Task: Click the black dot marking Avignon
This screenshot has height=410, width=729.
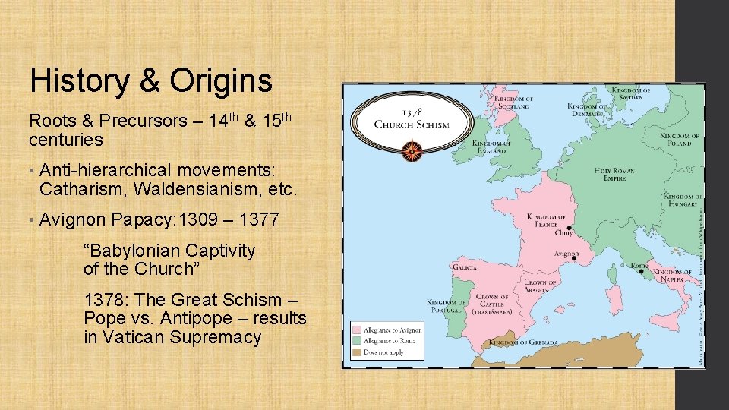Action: (574, 259)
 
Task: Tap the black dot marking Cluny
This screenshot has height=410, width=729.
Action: (569, 227)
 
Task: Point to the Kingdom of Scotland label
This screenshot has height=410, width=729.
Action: (514, 102)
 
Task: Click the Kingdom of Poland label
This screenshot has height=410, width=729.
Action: (680, 139)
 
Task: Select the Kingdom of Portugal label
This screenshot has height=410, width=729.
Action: (446, 305)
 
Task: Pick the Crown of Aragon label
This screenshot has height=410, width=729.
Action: (540, 286)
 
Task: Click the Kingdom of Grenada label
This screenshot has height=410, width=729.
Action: (523, 342)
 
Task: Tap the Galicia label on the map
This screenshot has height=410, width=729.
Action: (464, 268)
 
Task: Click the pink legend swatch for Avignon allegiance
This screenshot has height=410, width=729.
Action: (357, 330)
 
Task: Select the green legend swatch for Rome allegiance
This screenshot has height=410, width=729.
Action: (357, 342)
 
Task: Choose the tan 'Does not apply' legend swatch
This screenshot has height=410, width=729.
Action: (357, 352)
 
